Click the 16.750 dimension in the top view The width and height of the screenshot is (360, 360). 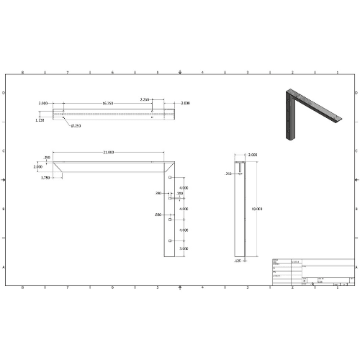108,104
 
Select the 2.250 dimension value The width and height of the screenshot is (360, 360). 145,100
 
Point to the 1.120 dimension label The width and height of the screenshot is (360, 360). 40,120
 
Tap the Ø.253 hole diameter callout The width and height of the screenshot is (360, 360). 76,126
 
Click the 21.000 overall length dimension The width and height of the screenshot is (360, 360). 109,153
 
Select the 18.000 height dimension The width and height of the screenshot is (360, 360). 256,209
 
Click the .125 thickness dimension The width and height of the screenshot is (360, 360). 237,261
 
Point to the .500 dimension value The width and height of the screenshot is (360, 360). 158,215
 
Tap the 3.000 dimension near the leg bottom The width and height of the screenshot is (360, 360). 184,248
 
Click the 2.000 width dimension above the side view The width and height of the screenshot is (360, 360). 252,155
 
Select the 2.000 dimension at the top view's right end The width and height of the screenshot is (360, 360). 185,104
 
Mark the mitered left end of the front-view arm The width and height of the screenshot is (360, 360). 60,167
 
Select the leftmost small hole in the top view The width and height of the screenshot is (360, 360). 63,112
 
